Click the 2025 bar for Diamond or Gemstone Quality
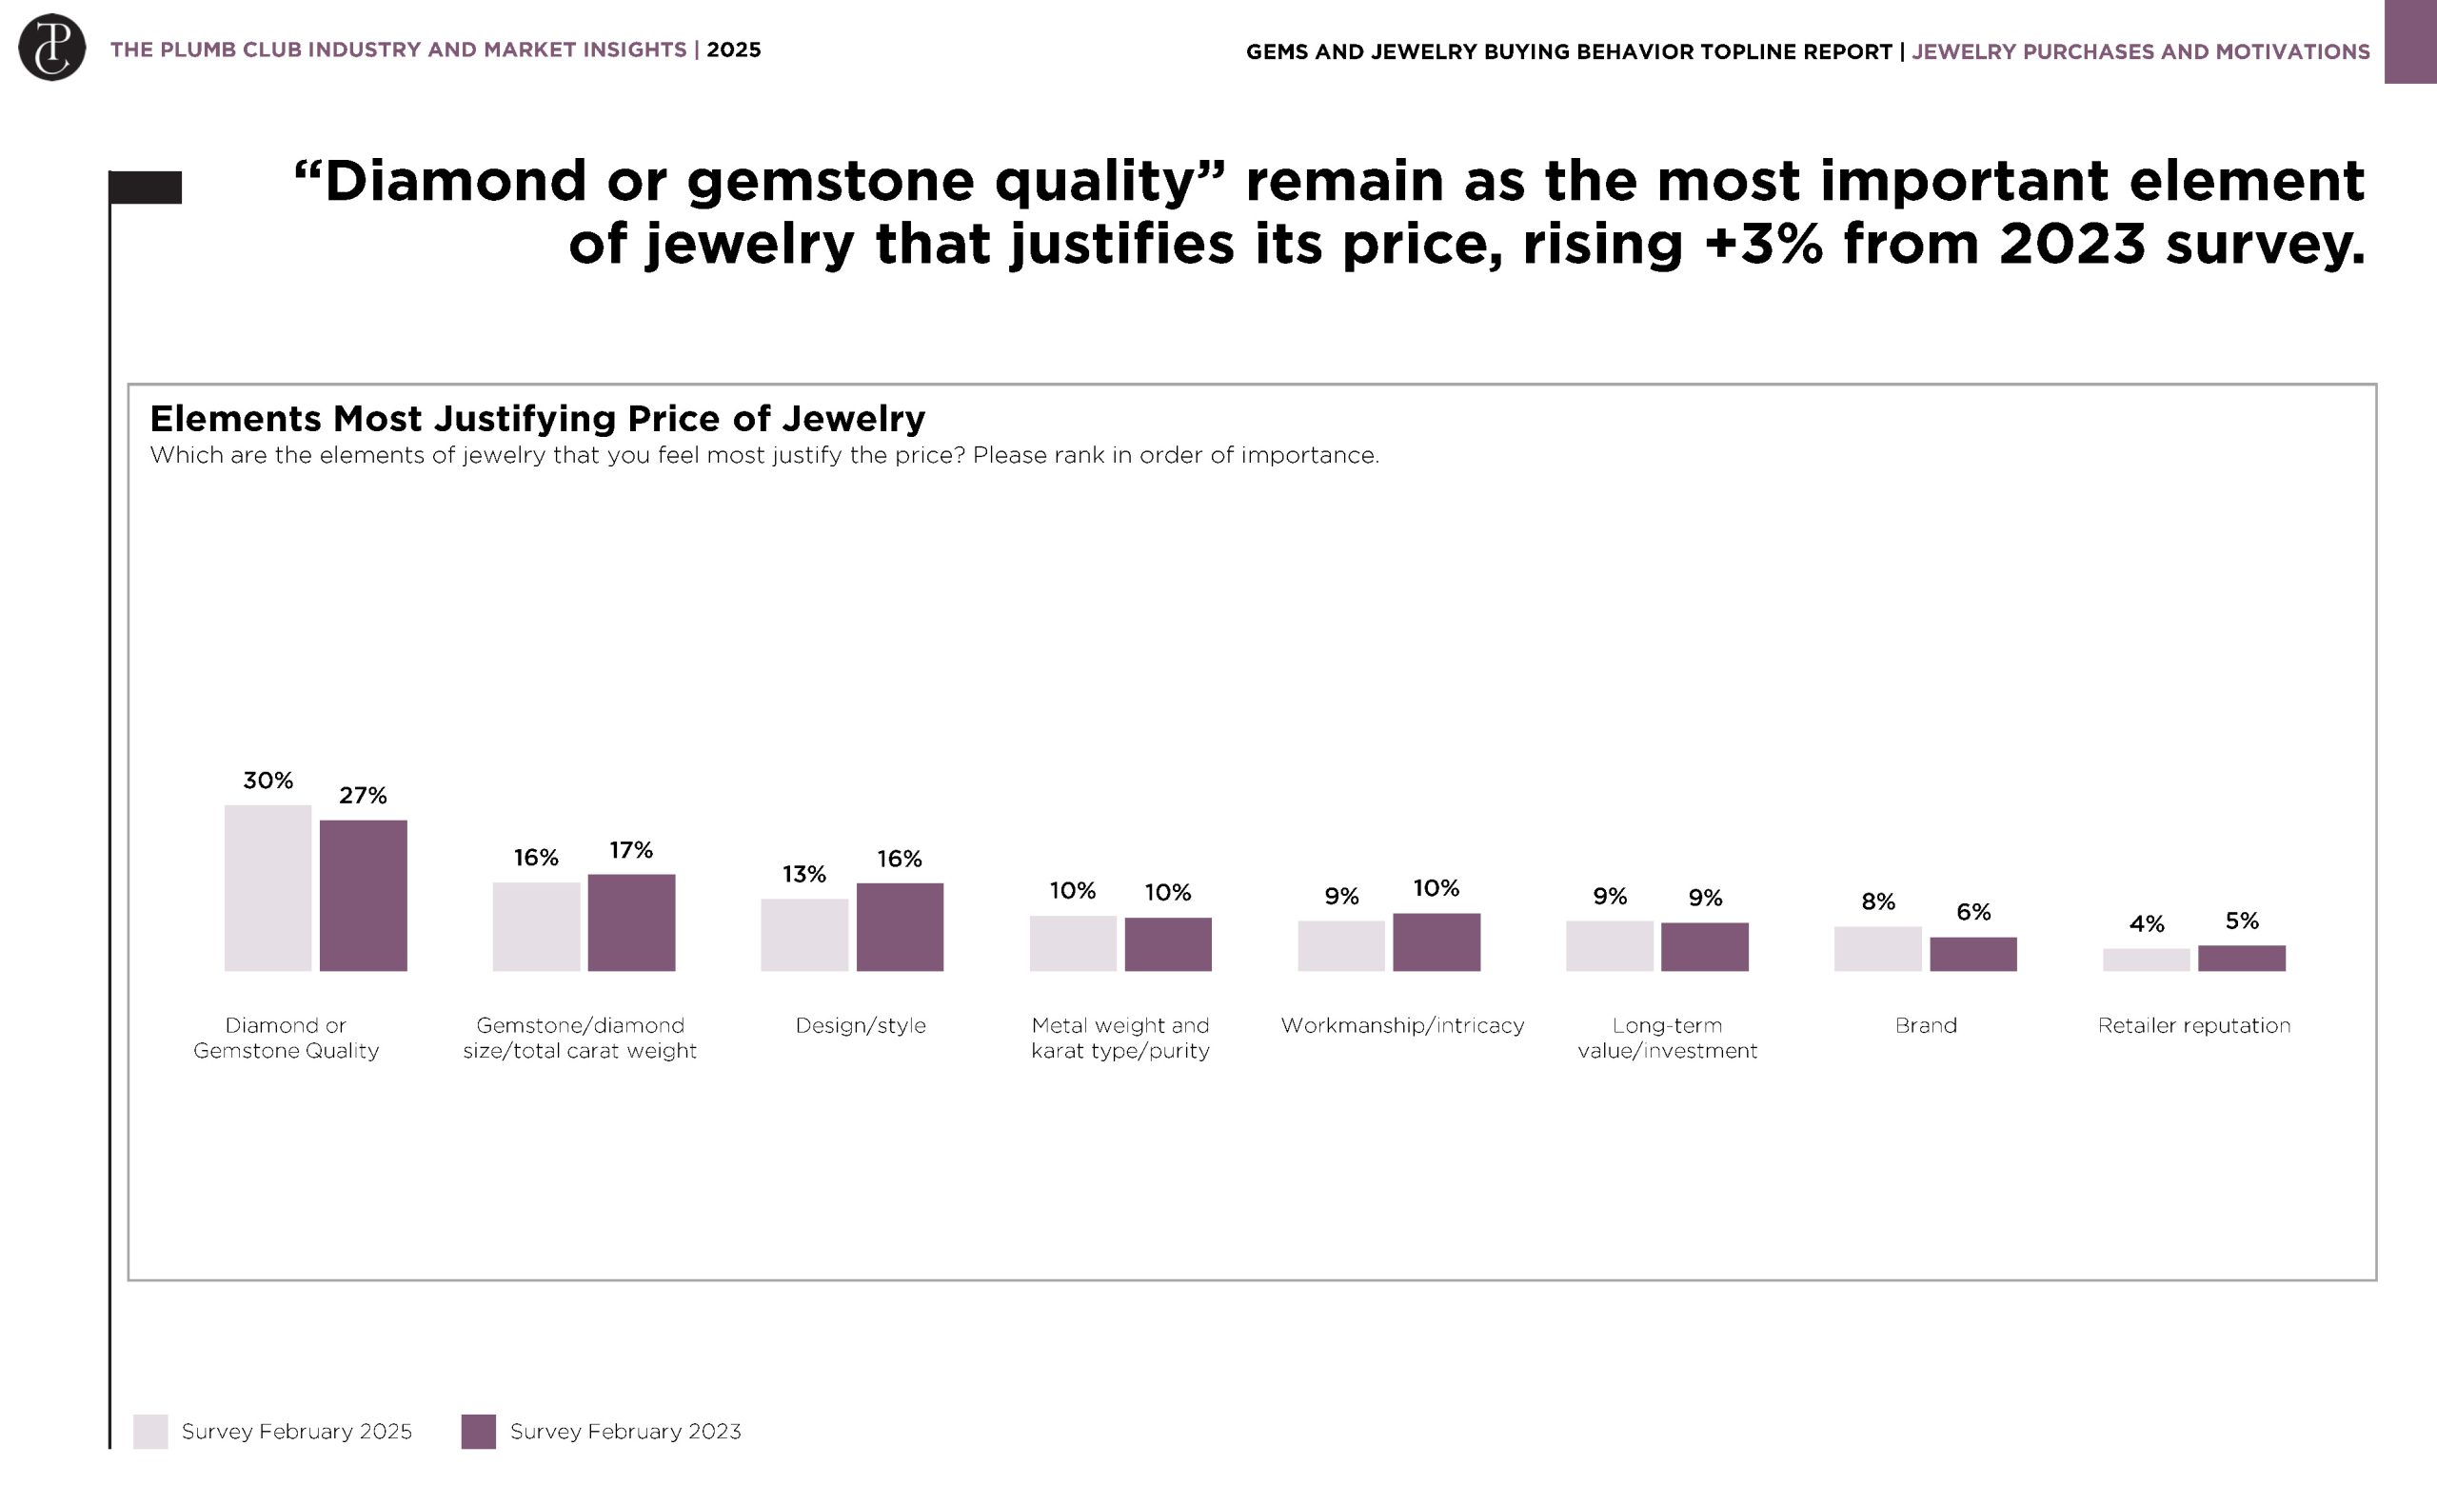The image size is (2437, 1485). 267,887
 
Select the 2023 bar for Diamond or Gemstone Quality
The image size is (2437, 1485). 363,895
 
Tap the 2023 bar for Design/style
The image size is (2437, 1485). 899,926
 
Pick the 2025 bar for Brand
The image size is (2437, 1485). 1877,948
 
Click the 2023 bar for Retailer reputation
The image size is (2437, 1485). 2241,957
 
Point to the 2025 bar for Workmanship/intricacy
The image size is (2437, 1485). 1341,945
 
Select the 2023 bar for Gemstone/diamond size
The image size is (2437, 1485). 631,921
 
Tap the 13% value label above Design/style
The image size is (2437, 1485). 804,874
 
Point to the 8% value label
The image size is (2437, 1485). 1878,901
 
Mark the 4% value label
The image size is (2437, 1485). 2147,924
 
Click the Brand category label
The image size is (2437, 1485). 1926,1025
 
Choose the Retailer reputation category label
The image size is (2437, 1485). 2193,1025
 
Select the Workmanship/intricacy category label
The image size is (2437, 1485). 1401,1025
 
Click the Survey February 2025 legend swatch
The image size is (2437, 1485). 150,1431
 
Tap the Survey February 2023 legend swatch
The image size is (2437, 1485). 479,1431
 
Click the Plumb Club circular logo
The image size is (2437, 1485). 51,48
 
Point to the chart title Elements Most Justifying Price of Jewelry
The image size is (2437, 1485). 537,419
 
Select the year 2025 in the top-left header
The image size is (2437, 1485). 733,50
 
